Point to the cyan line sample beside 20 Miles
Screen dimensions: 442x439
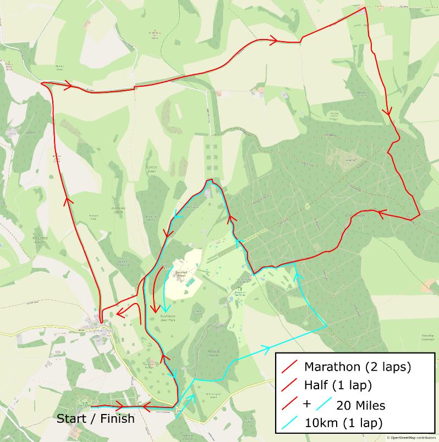point(324,405)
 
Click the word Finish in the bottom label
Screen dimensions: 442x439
point(116,419)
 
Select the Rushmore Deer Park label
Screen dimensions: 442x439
point(164,317)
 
